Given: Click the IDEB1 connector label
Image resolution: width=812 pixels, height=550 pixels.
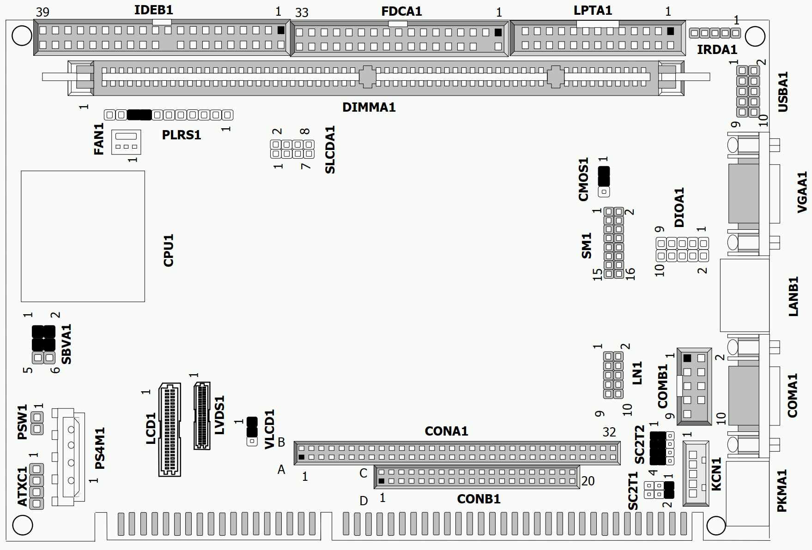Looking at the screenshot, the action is point(154,10).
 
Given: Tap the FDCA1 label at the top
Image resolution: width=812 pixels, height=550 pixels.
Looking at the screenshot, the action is point(401,11).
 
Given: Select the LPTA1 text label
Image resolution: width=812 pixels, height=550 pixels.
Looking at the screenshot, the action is point(593,10).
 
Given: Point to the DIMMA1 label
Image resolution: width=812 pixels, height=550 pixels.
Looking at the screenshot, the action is point(369,108).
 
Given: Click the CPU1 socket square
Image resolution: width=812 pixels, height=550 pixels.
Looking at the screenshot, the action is point(83,236).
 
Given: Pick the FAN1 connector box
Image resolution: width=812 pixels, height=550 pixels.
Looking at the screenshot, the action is point(126,142).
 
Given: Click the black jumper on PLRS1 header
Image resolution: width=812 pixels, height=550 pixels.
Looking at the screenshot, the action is point(139,115).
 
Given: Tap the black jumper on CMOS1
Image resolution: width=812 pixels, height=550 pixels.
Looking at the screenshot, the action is point(604,176).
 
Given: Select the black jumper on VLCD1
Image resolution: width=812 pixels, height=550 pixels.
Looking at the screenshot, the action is point(252,427).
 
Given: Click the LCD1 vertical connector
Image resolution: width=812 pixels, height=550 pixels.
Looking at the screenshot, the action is point(170,430).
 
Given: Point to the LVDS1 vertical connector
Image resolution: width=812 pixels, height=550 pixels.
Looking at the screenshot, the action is point(202,416).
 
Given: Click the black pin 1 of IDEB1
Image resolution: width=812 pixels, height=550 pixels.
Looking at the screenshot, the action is point(281,30).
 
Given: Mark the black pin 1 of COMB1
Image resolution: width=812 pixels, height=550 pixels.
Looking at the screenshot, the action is point(687,358).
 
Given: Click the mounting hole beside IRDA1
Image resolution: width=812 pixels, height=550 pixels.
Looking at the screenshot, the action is point(755,36).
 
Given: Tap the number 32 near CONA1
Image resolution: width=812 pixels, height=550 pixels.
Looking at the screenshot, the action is point(609,432).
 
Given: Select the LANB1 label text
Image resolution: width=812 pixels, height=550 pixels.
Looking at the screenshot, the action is point(793,296).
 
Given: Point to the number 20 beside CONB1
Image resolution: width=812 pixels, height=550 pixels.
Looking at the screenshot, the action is point(588,481).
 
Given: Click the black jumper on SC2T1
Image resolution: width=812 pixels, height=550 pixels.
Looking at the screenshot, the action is point(669,490).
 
